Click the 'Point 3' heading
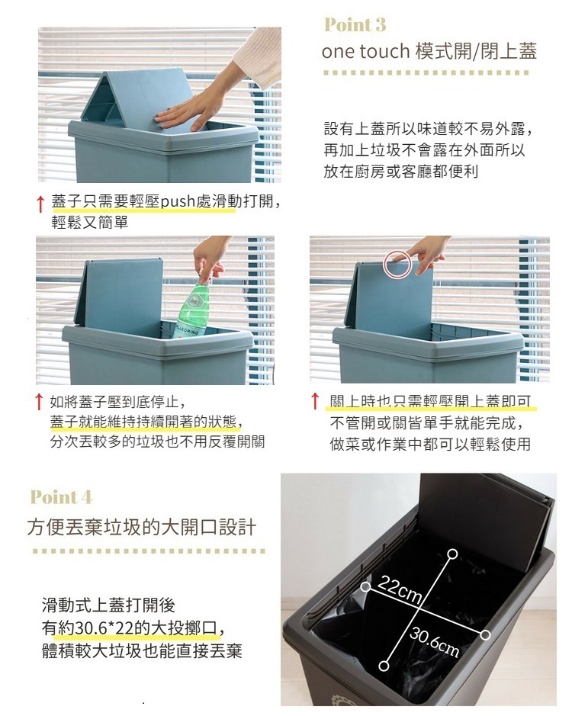point(355,24)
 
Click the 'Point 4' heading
point(61,497)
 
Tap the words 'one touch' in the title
point(365,51)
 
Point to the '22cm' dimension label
point(400,589)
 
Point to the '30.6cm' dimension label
point(435,641)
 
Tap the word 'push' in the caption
point(178,201)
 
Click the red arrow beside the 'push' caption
point(40,204)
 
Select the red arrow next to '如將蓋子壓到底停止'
point(40,401)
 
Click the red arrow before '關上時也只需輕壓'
point(314,401)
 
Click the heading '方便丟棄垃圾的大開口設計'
point(142,527)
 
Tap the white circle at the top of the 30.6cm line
point(452,554)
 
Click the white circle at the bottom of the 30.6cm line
point(384,666)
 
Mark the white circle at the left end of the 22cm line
point(366,586)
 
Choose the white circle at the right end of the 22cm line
point(486,634)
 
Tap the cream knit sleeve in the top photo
point(258,57)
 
